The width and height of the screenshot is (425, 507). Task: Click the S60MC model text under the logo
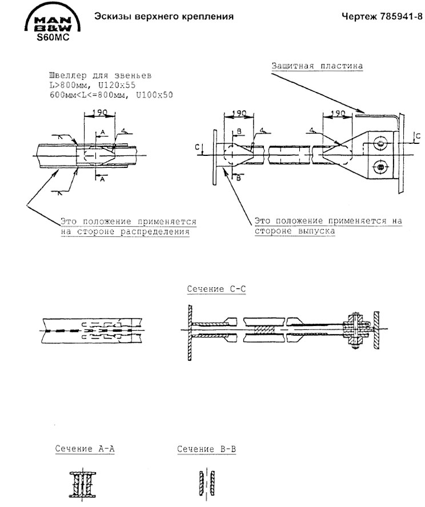53,38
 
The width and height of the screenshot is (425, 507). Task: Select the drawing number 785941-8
402,16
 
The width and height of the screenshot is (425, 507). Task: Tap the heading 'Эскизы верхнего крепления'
164,17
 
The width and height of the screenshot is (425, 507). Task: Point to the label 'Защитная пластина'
317,66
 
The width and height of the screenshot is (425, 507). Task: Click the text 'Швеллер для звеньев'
101,76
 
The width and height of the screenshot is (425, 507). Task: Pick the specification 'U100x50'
154,95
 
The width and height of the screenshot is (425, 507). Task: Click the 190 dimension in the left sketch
99,113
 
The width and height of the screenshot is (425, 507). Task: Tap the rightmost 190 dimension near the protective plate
338,114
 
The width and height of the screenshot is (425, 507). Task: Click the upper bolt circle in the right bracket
380,142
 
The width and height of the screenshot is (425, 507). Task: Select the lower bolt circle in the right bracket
380,167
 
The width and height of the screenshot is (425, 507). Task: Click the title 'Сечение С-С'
216,289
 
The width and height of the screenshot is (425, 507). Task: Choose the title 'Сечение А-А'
85,448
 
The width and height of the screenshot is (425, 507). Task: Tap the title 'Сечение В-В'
206,449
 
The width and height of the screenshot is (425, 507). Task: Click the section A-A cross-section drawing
83,485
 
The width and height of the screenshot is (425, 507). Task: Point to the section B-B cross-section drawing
206,483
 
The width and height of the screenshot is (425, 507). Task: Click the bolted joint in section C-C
356,331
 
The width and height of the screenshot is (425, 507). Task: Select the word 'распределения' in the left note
155,232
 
